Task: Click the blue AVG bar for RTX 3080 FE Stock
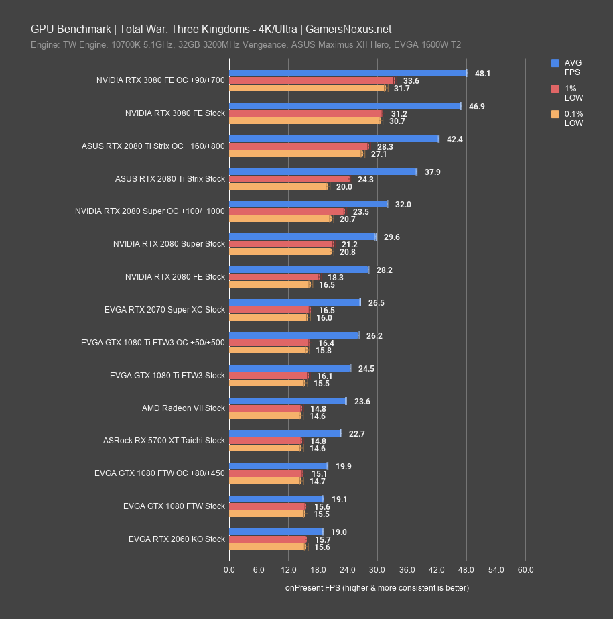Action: click(345, 106)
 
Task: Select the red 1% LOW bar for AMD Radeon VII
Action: click(265, 408)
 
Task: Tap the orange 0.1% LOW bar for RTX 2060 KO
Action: click(267, 547)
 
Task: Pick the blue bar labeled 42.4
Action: click(334, 139)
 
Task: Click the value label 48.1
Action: click(482, 73)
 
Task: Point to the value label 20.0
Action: click(344, 187)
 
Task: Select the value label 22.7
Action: click(357, 433)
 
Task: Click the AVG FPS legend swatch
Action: click(555, 63)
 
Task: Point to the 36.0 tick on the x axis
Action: click(407, 570)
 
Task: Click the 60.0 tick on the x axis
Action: click(526, 570)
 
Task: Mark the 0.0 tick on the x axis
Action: click(229, 570)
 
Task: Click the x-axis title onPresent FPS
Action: click(377, 588)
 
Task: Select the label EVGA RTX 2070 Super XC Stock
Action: click(165, 310)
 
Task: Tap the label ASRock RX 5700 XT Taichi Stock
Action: click(164, 441)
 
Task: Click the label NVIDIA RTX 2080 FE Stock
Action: click(175, 277)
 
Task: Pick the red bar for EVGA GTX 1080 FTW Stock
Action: click(267, 506)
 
